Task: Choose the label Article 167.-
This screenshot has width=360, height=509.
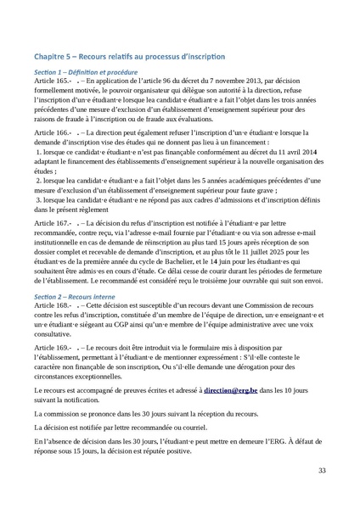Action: pos(53,221)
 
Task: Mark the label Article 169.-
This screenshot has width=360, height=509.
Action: pos(53,348)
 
